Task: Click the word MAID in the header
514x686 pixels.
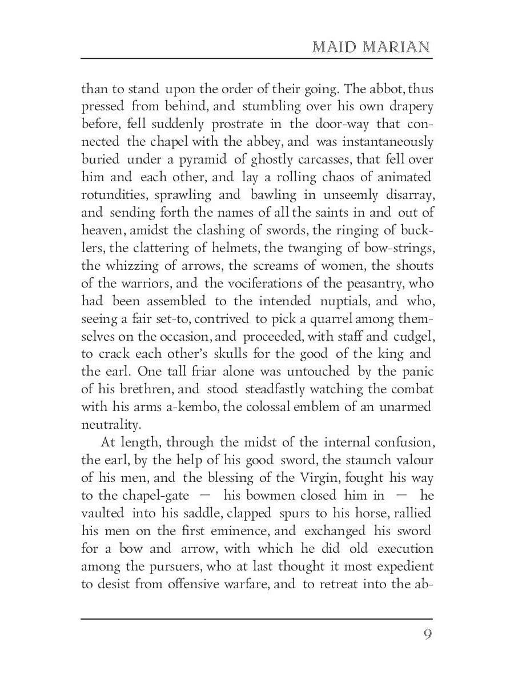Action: [x=332, y=47]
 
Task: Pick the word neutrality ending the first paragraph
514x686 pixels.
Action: [x=111, y=425]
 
